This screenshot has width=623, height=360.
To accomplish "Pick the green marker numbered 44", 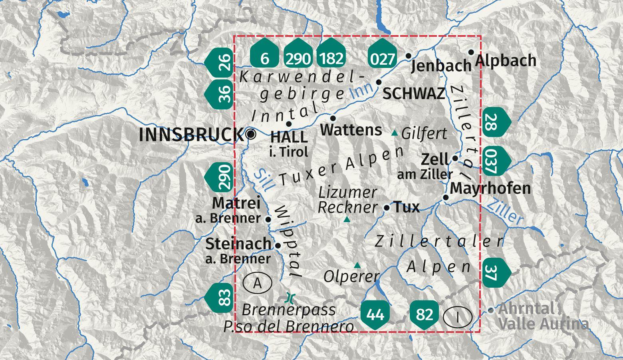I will (x=375, y=314).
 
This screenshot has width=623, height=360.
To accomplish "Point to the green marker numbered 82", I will (x=425, y=314).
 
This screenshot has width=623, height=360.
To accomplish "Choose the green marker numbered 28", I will (x=494, y=122).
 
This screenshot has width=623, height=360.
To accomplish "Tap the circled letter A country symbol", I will (x=257, y=283).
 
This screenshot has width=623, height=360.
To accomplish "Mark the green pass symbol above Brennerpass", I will (x=290, y=298).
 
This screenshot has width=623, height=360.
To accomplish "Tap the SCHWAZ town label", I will (x=414, y=93).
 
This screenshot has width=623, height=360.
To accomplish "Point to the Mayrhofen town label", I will (x=491, y=188).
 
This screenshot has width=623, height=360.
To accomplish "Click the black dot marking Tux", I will (x=387, y=208).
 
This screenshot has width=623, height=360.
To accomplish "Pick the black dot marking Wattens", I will (x=333, y=118).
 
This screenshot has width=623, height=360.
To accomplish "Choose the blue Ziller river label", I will (x=505, y=211).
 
